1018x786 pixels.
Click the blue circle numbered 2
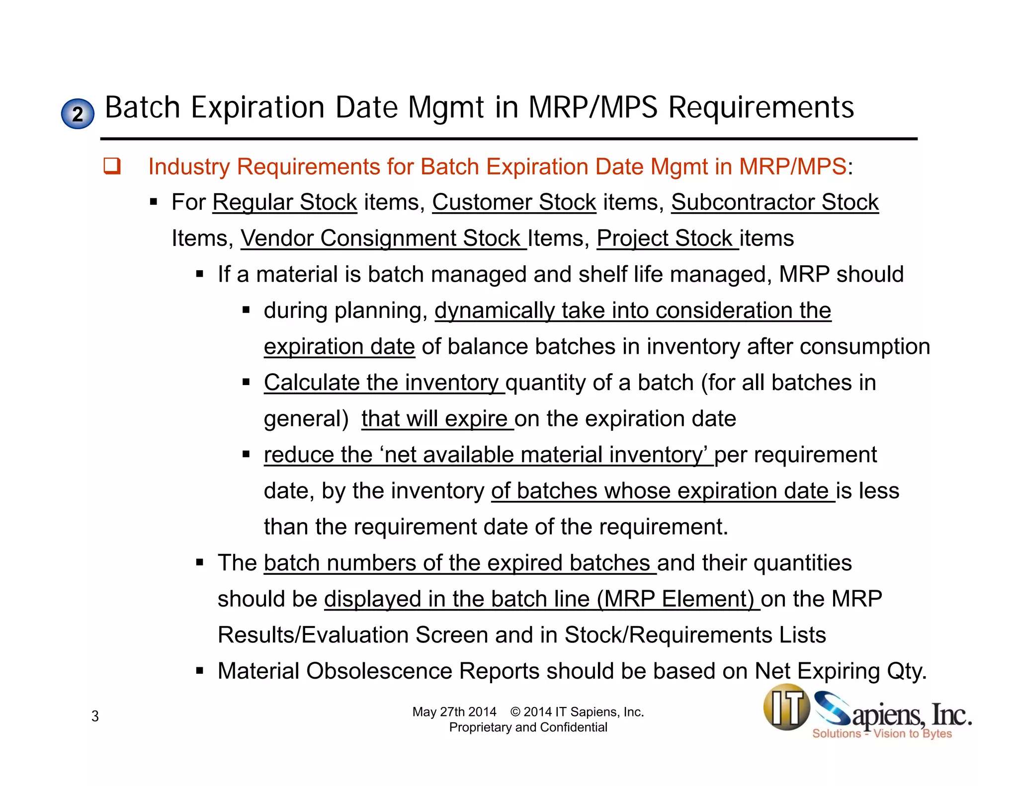tap(78, 114)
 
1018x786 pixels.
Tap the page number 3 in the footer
tap(95, 716)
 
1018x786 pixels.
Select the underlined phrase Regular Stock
tap(284, 202)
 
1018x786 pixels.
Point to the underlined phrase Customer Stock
tap(514, 202)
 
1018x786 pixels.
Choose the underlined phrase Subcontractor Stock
tap(774, 202)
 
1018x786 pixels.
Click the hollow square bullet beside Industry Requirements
tap(112, 166)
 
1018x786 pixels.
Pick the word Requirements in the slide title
tap(761, 107)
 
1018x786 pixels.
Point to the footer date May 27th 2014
tap(454, 712)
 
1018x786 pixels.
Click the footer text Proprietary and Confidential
tap(528, 727)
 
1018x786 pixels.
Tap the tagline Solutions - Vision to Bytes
tap(882, 733)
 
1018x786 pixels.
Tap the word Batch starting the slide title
tap(142, 107)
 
